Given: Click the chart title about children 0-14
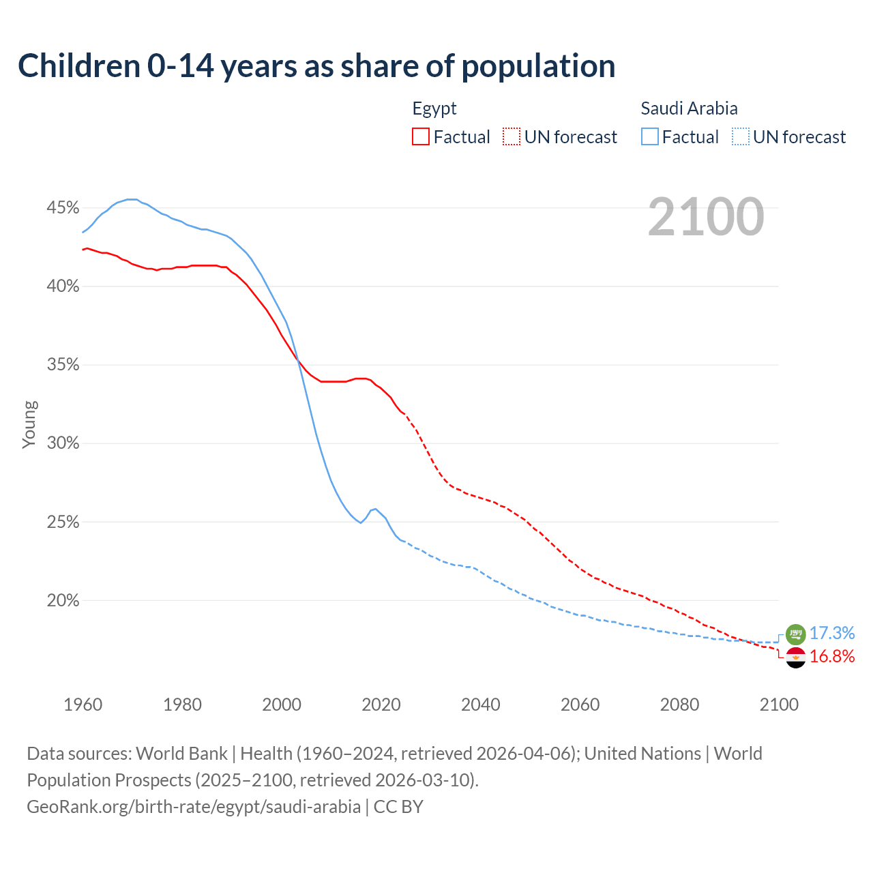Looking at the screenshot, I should (316, 66).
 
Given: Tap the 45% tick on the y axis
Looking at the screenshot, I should (63, 207).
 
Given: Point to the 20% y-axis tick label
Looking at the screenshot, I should (63, 600).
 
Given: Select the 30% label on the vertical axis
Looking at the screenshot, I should (63, 443).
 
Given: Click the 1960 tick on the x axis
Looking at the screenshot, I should (83, 705).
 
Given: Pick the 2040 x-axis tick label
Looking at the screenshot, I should (480, 705).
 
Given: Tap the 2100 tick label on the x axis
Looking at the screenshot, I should (778, 705).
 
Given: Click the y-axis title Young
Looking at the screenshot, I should (29, 424).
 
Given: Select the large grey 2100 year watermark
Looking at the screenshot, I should (706, 217).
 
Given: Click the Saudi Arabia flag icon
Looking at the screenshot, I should (796, 634).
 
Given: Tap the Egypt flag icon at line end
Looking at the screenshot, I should (796, 657).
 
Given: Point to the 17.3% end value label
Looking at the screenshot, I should (832, 634).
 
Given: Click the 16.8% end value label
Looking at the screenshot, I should (832, 657).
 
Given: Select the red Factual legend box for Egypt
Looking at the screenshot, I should (421, 137).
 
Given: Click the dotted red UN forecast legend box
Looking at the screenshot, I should (512, 137).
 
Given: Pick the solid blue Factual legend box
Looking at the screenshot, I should (649, 137).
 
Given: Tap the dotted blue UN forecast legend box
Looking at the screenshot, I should (740, 137).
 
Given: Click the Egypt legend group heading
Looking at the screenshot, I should (434, 108).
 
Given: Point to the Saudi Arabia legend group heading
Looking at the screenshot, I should (689, 108).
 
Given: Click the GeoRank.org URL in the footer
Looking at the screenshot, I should (194, 807).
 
